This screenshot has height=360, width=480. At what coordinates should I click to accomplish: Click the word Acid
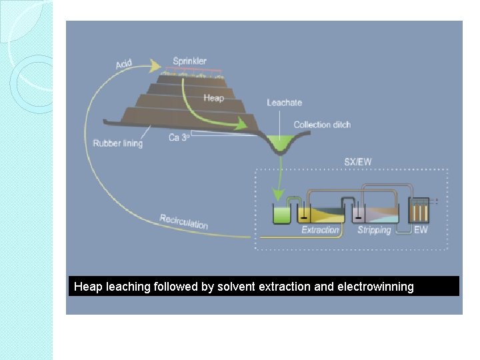(x=124, y=63)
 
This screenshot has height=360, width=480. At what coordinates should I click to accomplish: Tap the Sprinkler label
(x=189, y=61)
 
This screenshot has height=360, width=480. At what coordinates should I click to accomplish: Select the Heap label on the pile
(x=213, y=98)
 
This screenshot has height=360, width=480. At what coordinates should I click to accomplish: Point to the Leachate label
(x=284, y=103)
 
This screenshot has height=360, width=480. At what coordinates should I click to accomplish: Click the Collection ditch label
(x=322, y=125)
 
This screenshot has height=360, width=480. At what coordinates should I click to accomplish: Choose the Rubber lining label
(x=117, y=143)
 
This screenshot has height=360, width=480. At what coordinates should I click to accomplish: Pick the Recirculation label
(x=183, y=221)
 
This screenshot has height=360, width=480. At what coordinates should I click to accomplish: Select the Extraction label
(x=320, y=230)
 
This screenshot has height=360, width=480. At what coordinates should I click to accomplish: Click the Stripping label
(x=374, y=230)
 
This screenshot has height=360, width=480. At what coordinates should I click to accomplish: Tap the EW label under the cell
(x=421, y=230)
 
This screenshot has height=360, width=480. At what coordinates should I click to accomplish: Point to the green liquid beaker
(x=281, y=214)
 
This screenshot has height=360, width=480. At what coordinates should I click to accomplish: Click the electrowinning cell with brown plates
(x=419, y=212)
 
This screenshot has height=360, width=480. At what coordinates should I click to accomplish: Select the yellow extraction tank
(x=321, y=214)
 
